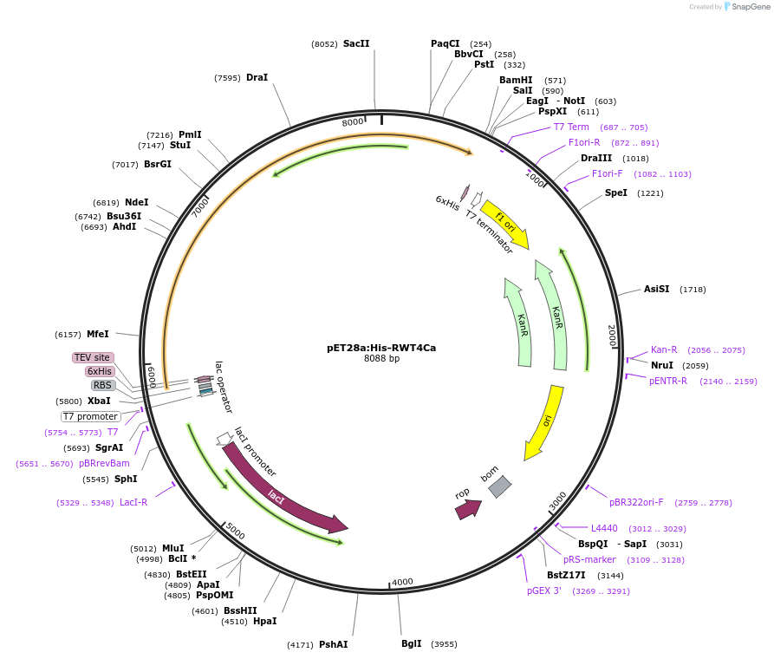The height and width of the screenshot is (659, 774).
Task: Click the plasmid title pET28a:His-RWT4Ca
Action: click(381, 348)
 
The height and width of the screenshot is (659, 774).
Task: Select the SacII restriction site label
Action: click(356, 43)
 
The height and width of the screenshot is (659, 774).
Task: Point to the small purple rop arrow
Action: click(466, 509)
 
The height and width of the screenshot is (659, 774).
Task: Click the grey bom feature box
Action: click(499, 486)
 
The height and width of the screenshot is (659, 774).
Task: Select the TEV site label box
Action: click(92, 357)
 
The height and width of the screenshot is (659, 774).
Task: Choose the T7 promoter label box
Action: click(91, 416)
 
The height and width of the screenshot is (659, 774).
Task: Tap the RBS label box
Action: click(102, 385)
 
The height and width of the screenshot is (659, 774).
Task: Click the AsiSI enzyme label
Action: click(656, 289)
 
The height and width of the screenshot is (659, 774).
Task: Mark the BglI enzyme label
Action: click(411, 643)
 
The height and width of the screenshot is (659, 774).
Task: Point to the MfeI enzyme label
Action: click(98, 334)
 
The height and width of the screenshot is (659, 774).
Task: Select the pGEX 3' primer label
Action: click(544, 590)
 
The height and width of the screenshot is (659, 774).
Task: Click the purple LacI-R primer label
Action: click(133, 502)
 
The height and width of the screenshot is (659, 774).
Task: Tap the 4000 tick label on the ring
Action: click(402, 582)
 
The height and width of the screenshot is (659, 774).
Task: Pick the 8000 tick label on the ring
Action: click(353, 122)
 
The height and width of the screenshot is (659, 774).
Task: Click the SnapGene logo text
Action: click(751, 6)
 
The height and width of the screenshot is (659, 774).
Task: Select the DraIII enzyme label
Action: click(596, 158)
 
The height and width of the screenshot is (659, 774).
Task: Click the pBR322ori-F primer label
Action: click(636, 502)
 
